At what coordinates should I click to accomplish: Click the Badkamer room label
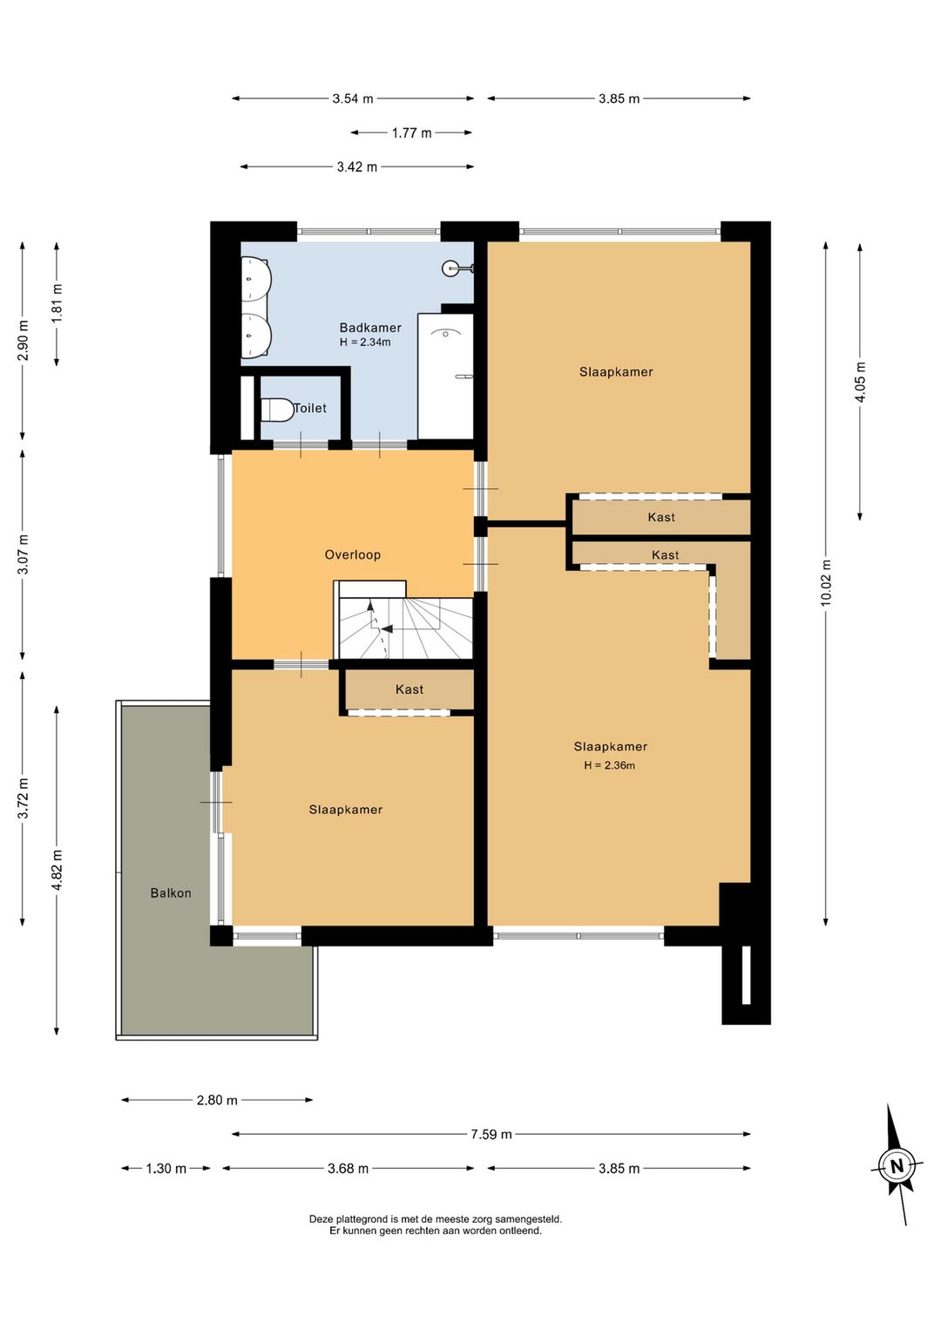coord(370,327)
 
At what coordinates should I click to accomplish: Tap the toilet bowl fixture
coord(277,409)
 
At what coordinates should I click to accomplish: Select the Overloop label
coord(352,554)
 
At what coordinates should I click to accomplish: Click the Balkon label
coord(171,893)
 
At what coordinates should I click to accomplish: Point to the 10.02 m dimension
coord(825,583)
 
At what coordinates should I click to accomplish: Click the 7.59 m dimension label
coord(491,1134)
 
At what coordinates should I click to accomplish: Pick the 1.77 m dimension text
coord(411,133)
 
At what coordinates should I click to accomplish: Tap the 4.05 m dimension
coord(860,382)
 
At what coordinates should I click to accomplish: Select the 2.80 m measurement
coord(217,1100)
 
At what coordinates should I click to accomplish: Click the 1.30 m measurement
coord(166,1169)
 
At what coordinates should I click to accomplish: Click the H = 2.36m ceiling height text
coord(609,765)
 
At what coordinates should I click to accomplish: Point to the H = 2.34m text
coord(365,342)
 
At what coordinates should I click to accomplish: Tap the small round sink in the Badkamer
coord(451,268)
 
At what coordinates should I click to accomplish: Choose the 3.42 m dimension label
coord(357,166)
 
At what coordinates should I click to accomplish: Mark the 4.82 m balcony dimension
coord(57,871)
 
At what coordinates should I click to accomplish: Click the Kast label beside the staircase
coord(409,689)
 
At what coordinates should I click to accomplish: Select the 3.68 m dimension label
coord(348,1169)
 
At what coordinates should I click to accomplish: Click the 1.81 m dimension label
coord(57,304)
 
